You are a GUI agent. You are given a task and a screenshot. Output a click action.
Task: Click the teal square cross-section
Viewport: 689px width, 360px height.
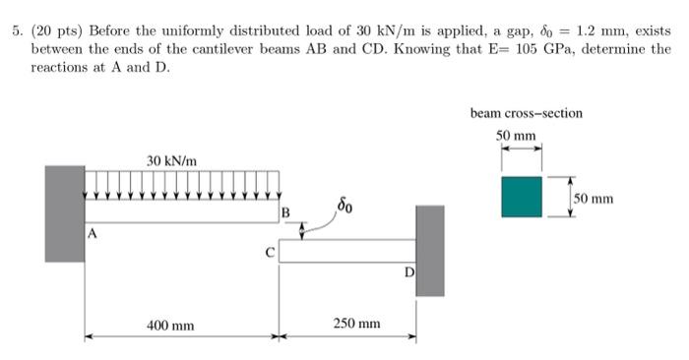[521, 197]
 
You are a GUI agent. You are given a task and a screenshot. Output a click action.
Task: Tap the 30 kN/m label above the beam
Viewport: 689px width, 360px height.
[172, 159]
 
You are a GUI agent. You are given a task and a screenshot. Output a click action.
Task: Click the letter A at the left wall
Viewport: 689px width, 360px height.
[92, 234]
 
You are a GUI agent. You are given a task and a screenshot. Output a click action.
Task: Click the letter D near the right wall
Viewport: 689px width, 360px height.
[408, 270]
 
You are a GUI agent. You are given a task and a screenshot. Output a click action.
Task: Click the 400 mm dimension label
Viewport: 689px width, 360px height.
[170, 324]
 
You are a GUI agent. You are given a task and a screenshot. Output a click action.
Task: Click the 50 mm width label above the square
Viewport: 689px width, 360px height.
[517, 135]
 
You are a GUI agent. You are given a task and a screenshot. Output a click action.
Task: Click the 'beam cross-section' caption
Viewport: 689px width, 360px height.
[526, 113]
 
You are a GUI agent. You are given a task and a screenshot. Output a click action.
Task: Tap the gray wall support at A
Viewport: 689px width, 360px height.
[64, 213]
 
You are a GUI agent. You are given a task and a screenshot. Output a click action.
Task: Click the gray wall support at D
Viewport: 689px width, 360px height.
[429, 251]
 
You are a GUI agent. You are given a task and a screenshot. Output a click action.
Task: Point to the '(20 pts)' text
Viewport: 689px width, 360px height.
[51, 30]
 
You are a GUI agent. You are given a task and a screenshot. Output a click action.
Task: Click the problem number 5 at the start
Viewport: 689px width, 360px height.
[17, 30]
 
